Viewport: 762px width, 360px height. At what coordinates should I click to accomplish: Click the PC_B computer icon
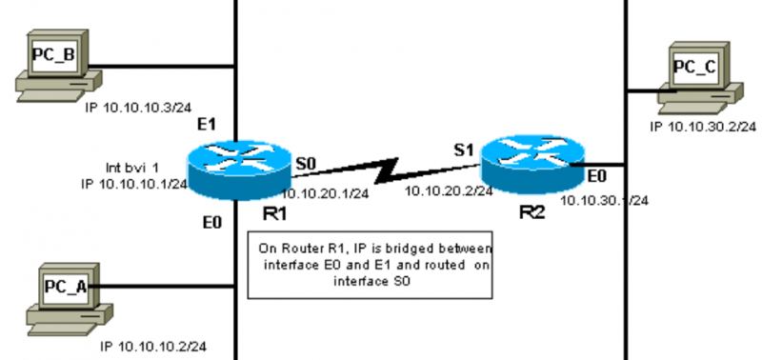pyautogui.click(x=53, y=65)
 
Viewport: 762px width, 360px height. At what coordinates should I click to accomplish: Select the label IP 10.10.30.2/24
pyautogui.click(x=703, y=126)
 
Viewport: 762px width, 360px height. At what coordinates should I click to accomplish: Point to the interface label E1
pyautogui.click(x=208, y=125)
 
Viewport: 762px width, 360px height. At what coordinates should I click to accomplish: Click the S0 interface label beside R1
pyautogui.click(x=305, y=165)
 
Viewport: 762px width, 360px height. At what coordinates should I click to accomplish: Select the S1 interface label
pyautogui.click(x=462, y=150)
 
